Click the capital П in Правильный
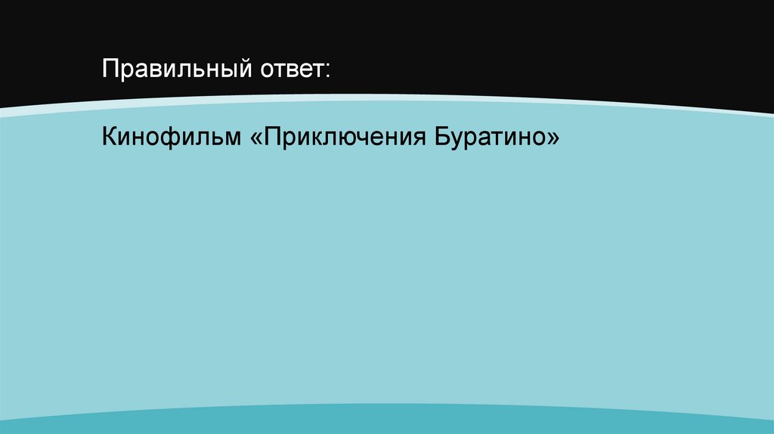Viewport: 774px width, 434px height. click(111, 71)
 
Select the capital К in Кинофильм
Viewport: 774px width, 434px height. click(110, 138)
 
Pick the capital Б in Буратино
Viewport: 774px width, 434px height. click(441, 138)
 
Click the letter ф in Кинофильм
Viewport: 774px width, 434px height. click(166, 139)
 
